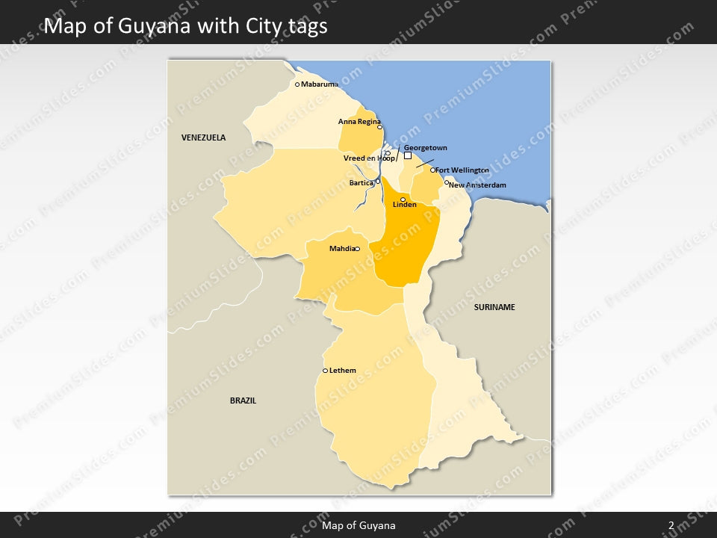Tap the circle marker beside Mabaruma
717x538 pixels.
(297, 84)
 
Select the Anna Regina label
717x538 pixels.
(359, 121)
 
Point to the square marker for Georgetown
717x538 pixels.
(408, 156)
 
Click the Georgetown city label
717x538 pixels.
(425, 148)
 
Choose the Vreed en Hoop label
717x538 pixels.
(369, 158)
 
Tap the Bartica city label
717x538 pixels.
(361, 183)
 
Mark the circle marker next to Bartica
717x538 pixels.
(378, 181)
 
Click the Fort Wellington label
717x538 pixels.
(462, 170)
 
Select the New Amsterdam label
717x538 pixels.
(478, 185)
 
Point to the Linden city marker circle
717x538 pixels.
(403, 200)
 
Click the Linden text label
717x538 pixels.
(405, 205)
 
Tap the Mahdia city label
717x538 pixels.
(341, 249)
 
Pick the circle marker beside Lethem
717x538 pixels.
(325, 371)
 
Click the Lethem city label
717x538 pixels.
(343, 371)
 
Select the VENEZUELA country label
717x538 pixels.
(203, 137)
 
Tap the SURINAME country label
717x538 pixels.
(494, 307)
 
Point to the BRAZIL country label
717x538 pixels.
(243, 401)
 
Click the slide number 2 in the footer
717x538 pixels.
(671, 525)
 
